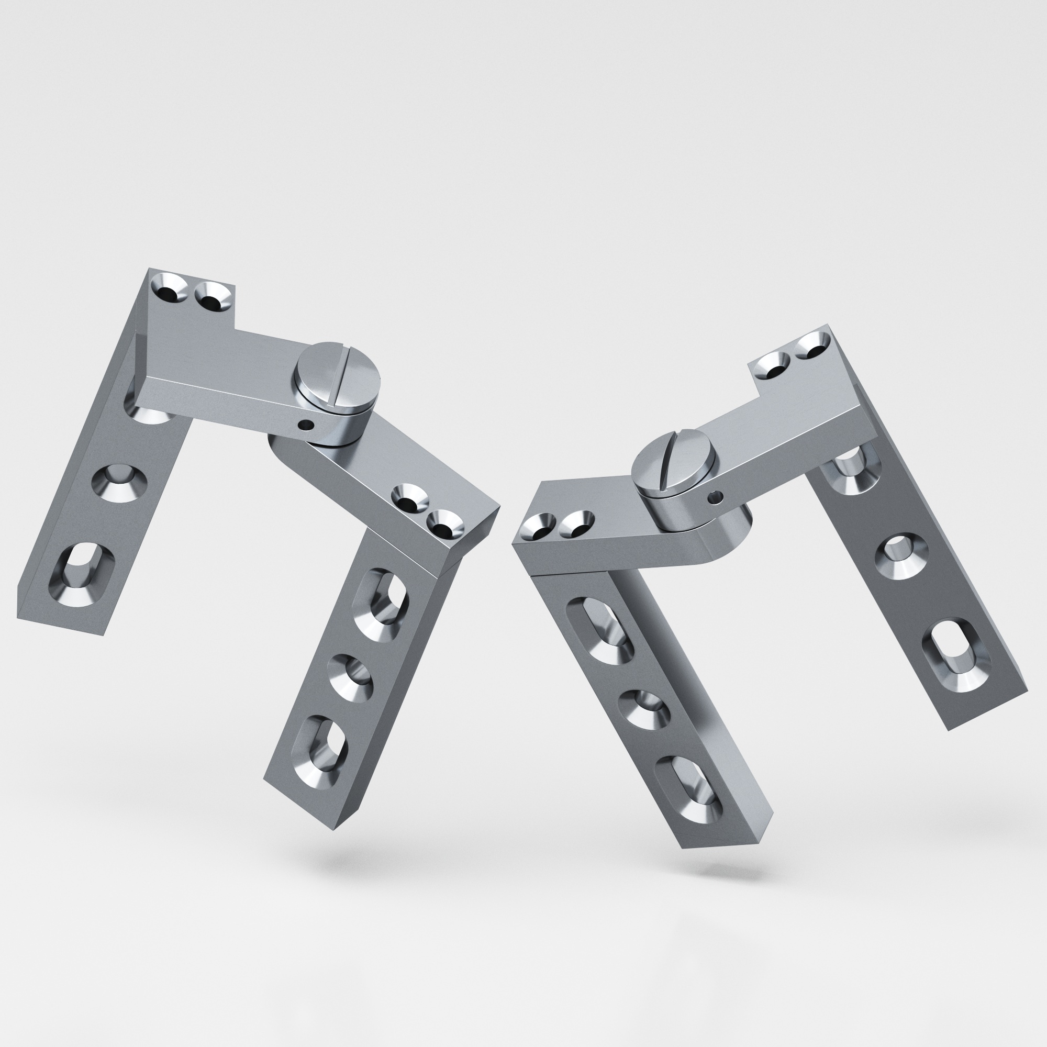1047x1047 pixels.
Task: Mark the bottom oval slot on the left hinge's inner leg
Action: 320,750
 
